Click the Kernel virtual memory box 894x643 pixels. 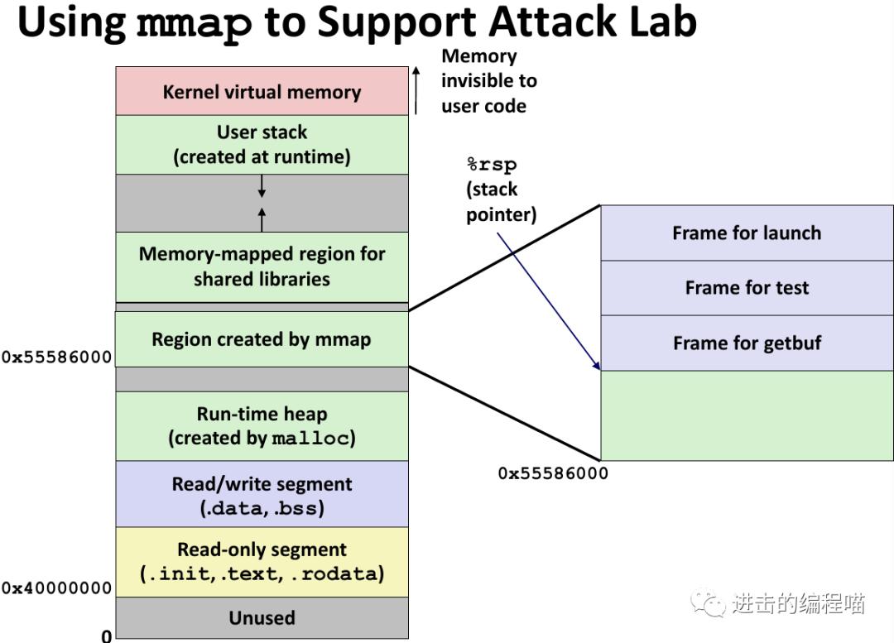tap(262, 92)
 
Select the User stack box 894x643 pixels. tap(262, 145)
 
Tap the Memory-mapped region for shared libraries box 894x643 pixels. tap(262, 266)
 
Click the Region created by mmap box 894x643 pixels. tap(262, 339)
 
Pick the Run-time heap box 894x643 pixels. tap(262, 425)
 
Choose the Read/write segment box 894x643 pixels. tap(262, 495)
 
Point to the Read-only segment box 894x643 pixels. tap(262, 561)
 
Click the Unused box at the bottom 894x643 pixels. tap(262, 617)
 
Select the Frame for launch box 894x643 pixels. tap(747, 233)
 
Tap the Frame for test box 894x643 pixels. tap(747, 288)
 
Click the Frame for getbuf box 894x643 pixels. tap(747, 343)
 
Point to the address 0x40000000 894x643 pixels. tap(56, 588)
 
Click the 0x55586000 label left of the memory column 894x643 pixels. tap(56, 357)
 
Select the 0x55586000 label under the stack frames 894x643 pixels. tap(553, 473)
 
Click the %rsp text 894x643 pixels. tap(492, 165)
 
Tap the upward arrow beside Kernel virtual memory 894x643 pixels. tap(416, 90)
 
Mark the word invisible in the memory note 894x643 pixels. tap(488, 81)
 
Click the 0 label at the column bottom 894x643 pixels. tap(106, 636)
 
